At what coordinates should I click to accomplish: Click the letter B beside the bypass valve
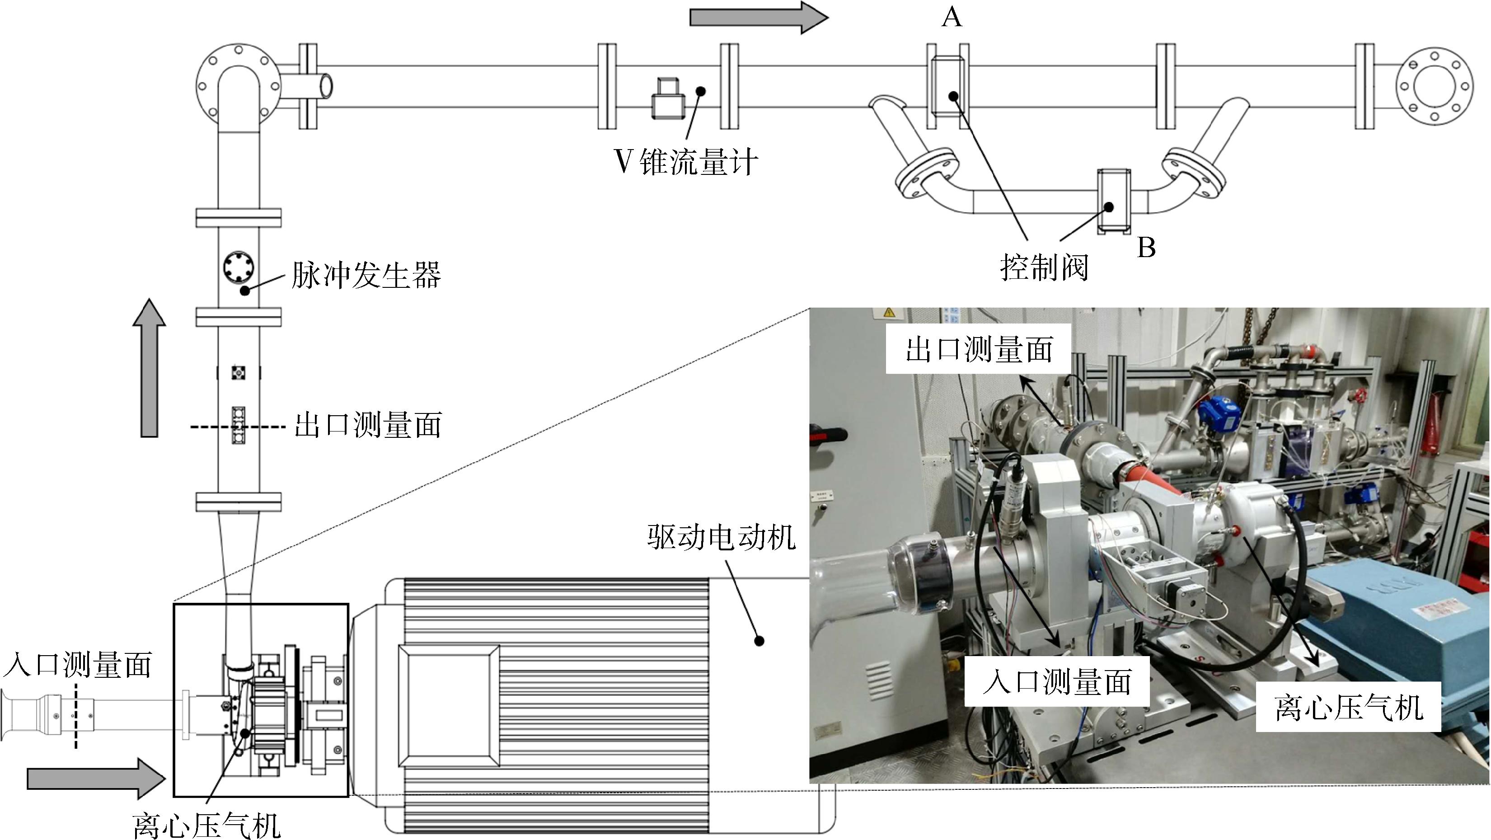[1146, 247]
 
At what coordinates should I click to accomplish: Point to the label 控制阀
[1045, 267]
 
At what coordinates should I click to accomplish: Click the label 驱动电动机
[721, 537]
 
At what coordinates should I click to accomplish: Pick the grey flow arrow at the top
[759, 17]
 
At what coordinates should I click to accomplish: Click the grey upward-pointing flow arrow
[150, 368]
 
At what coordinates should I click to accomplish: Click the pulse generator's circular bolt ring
[239, 268]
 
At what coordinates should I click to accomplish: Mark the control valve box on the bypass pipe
[1114, 202]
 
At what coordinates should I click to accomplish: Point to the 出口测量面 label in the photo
[979, 350]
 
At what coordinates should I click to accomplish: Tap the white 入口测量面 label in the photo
[1057, 681]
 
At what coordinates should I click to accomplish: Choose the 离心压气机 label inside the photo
[1348, 707]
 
